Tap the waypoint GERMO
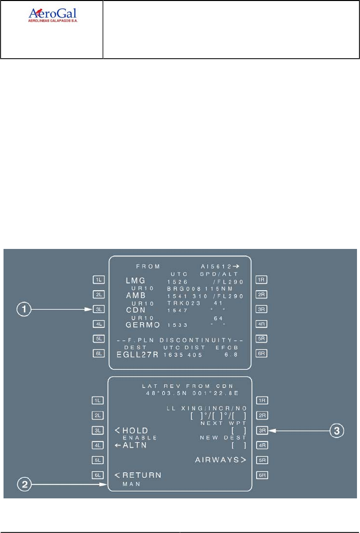[x=142, y=325]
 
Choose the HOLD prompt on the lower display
[x=132, y=430]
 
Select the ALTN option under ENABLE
[x=132, y=445]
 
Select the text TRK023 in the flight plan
[x=183, y=303]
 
